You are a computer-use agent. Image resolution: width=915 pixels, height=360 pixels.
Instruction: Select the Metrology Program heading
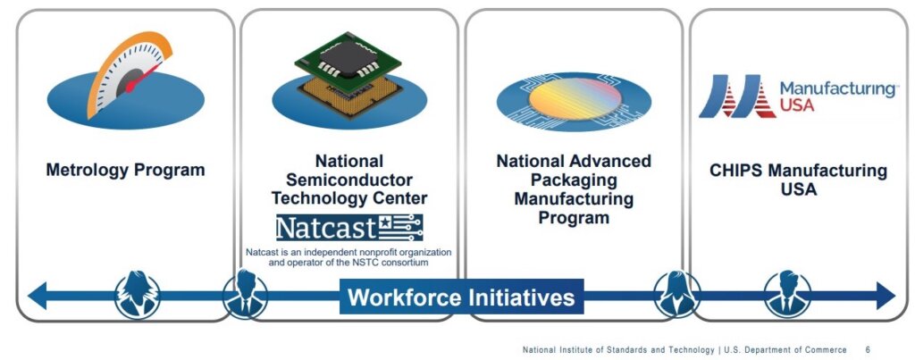point(125,170)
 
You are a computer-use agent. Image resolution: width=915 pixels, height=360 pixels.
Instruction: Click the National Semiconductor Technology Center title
point(349,180)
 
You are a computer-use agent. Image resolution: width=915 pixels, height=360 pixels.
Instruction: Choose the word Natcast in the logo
point(324,228)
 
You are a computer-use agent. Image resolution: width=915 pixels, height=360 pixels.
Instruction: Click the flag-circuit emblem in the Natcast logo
point(399,228)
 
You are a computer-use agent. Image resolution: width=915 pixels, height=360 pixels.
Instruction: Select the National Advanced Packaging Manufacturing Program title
point(574,188)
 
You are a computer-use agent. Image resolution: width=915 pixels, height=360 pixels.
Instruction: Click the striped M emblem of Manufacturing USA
point(736,96)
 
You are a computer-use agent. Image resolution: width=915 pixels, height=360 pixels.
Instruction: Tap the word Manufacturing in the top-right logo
point(838,89)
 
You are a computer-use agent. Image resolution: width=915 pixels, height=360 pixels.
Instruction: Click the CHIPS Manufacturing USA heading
point(798,180)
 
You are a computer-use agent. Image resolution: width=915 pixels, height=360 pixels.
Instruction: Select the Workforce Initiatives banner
point(461,297)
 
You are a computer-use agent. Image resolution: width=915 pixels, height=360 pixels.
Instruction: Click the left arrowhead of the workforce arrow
point(37,296)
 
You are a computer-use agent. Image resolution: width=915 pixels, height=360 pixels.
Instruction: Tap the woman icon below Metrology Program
point(137,296)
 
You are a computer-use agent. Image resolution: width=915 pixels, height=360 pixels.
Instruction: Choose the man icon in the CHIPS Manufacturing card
point(787,295)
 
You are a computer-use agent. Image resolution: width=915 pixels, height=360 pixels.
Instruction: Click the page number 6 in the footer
point(868,349)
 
